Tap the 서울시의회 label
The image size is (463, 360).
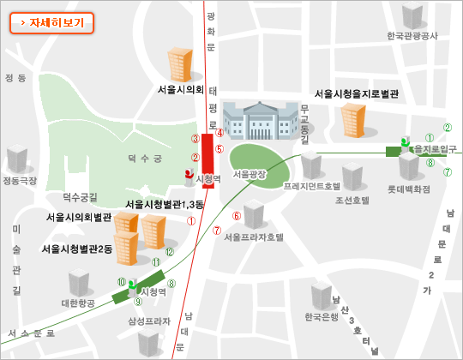(180, 88)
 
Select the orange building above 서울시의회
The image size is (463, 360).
(180, 64)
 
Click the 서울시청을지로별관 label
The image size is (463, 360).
(357, 93)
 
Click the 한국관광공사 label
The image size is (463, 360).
(412, 36)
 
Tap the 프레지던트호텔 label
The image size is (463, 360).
(312, 185)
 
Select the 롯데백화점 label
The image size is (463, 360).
(406, 184)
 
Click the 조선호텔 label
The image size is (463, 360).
(352, 200)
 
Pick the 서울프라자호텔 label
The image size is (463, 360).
(254, 237)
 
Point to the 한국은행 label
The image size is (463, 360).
(322, 317)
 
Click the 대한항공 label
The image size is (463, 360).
(77, 303)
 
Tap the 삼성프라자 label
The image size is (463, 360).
(149, 321)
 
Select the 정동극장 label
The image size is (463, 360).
(20, 181)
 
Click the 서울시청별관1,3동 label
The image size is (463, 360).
(165, 204)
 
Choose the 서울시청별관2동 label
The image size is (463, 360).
(77, 249)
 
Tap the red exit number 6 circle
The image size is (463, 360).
(237, 215)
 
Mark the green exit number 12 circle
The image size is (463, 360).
(170, 251)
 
